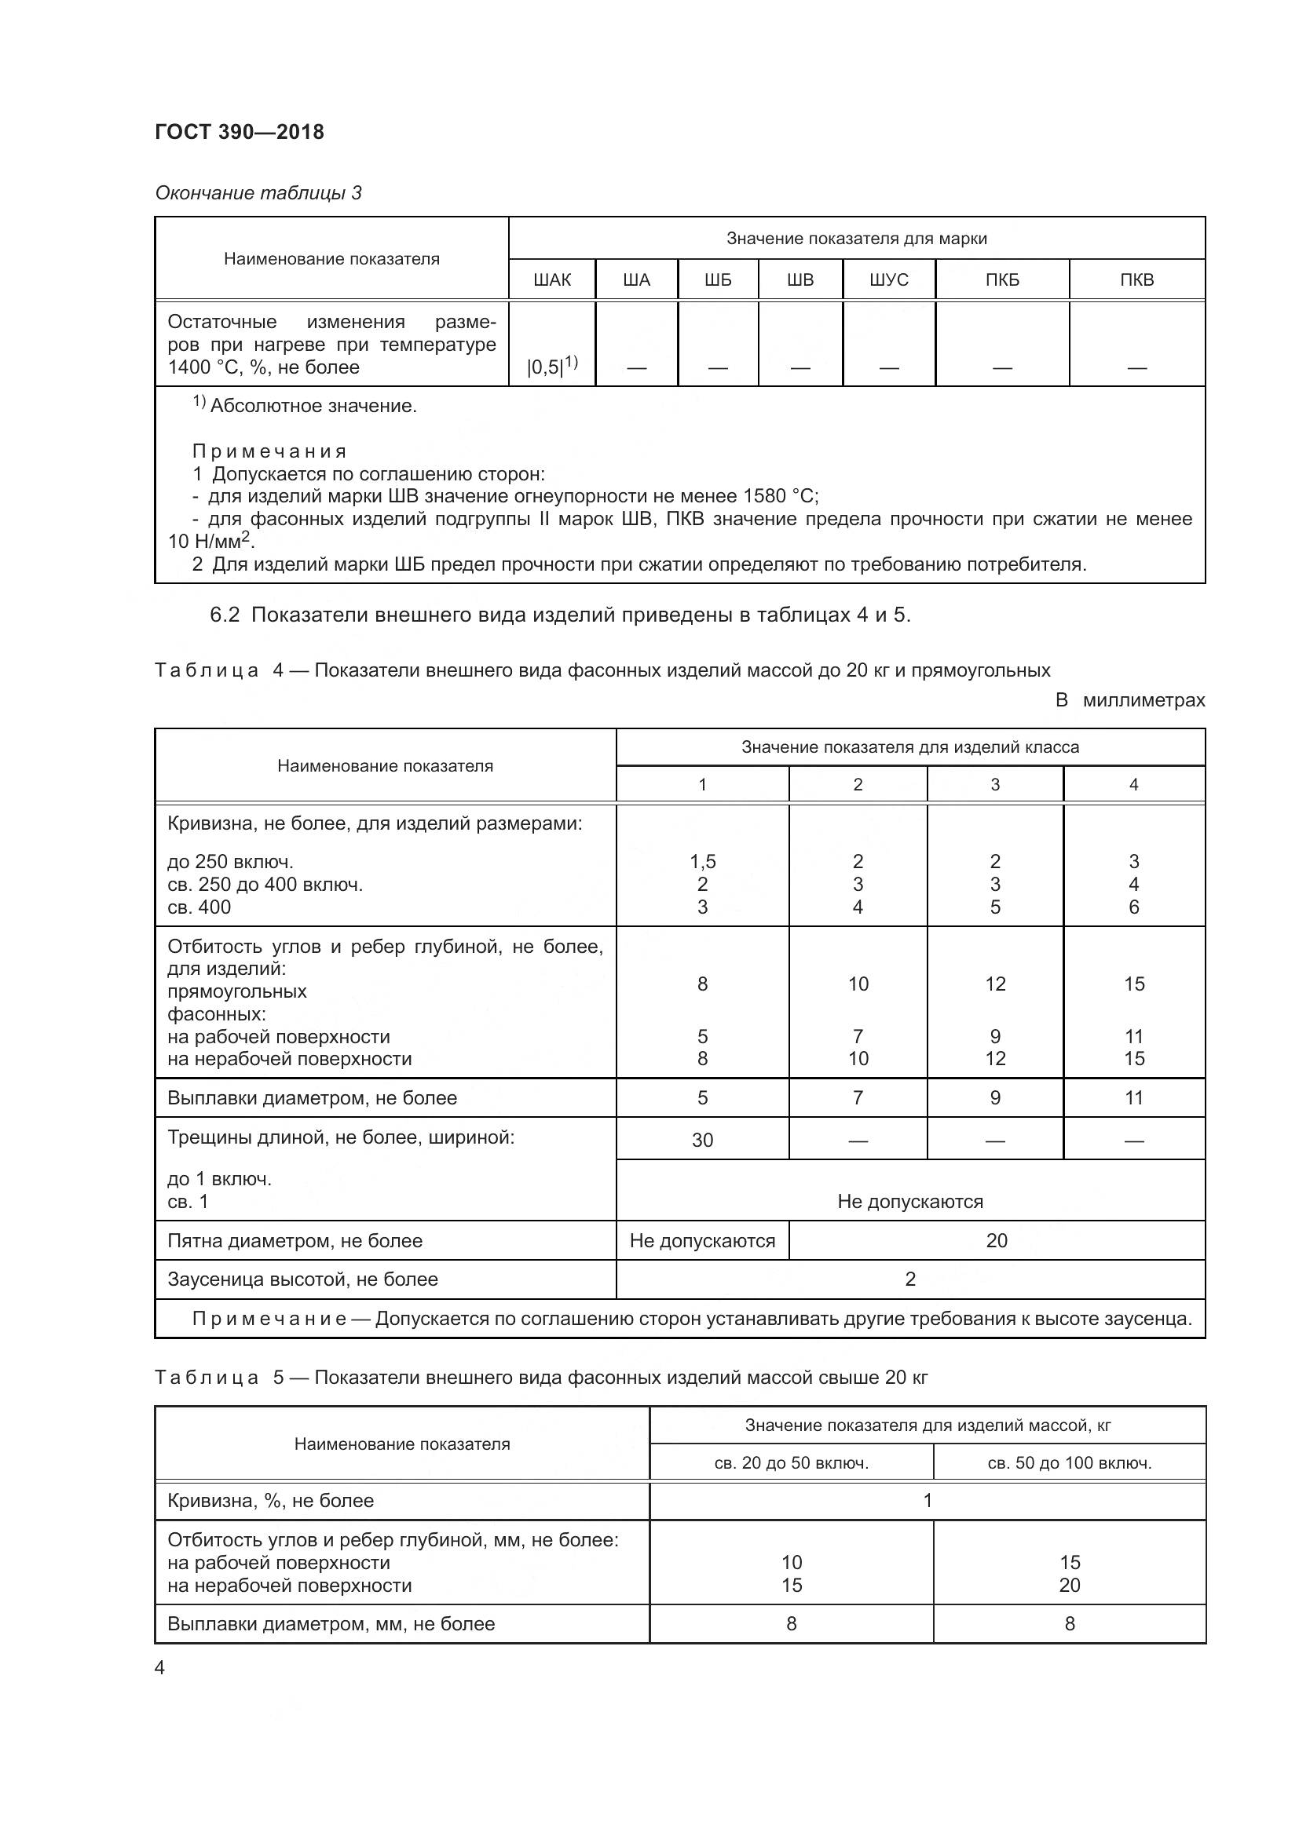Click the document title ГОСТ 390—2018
click(x=240, y=132)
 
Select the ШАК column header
click(x=552, y=280)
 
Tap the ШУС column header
click(x=889, y=280)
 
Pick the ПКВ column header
click(x=1136, y=280)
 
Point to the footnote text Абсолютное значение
click(x=313, y=407)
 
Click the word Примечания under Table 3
click(x=269, y=451)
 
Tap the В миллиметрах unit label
click(x=1129, y=700)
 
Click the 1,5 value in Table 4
click(x=702, y=861)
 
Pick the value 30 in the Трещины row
click(x=702, y=1140)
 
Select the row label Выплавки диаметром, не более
click(x=312, y=1098)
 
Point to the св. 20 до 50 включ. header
click(x=791, y=1462)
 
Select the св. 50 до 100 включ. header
click(x=1070, y=1462)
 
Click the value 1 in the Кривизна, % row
click(x=928, y=1500)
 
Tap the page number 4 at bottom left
click(x=159, y=1668)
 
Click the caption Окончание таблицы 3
click(x=258, y=193)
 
